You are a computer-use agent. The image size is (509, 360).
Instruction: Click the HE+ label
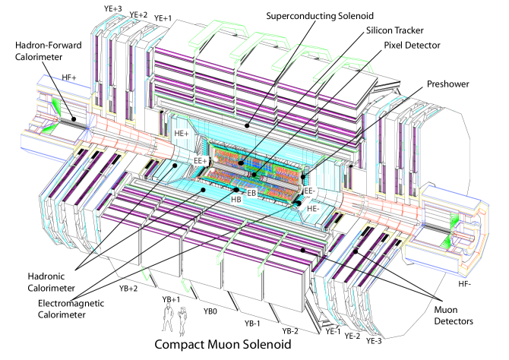[x=182, y=134]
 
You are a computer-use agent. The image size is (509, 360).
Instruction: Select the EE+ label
[x=201, y=161]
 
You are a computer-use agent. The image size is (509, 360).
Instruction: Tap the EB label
[x=251, y=193]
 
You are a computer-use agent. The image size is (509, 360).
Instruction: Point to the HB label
[x=236, y=200]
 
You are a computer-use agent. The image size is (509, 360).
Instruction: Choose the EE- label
[x=310, y=191]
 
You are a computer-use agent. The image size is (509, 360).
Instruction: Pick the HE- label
[x=313, y=208]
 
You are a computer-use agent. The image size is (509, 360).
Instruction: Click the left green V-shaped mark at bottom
[x=146, y=273]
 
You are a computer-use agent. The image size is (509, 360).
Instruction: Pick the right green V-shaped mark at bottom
[x=186, y=286]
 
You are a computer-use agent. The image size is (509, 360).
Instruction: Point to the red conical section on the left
[x=125, y=137]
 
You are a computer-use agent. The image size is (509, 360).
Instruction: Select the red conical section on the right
[x=380, y=209]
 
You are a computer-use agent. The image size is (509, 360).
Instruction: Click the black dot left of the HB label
[x=204, y=190]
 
